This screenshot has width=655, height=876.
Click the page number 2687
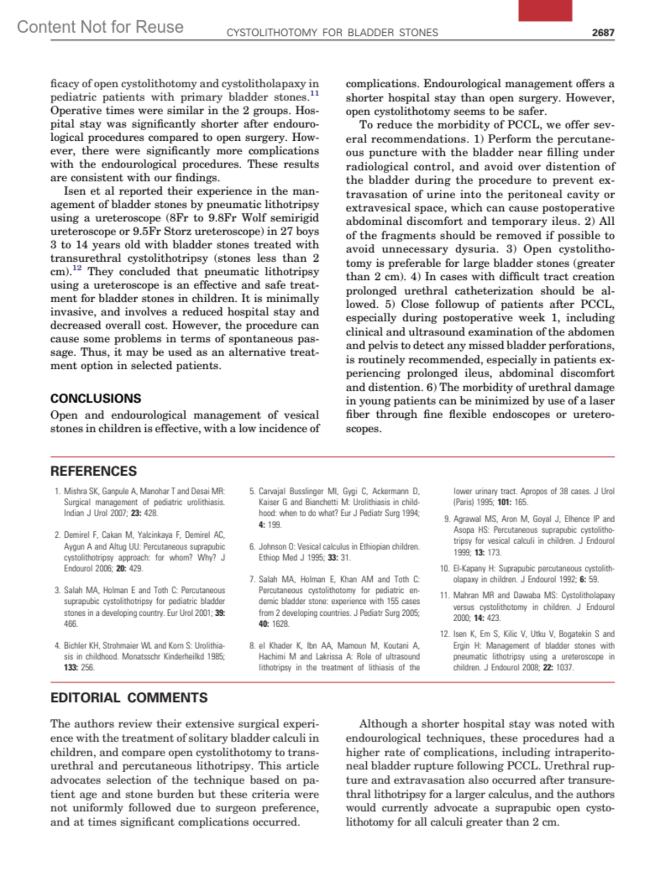click(603, 33)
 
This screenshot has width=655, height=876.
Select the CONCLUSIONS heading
click(96, 398)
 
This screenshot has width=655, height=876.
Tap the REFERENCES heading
click(93, 471)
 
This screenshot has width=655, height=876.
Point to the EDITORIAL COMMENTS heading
click(129, 698)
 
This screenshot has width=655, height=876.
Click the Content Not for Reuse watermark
click(100, 27)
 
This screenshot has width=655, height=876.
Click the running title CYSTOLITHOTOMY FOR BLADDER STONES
click(332, 33)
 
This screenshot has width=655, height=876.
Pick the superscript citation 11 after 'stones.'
click(315, 94)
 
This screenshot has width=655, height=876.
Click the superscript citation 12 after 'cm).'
click(77, 268)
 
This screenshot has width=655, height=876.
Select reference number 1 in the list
click(57, 491)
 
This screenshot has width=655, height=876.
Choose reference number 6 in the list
click(252, 547)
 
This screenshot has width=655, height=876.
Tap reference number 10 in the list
click(444, 568)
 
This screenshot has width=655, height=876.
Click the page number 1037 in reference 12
click(564, 668)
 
